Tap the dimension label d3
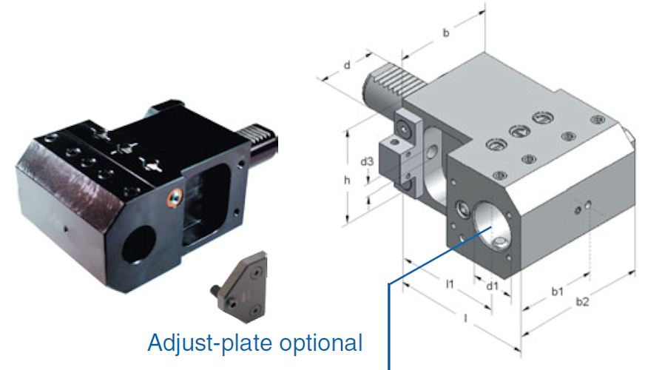(x=366, y=161)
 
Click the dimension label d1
(x=492, y=284)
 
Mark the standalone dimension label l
(x=465, y=318)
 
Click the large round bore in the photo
(x=138, y=244)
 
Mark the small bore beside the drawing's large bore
(x=461, y=210)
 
